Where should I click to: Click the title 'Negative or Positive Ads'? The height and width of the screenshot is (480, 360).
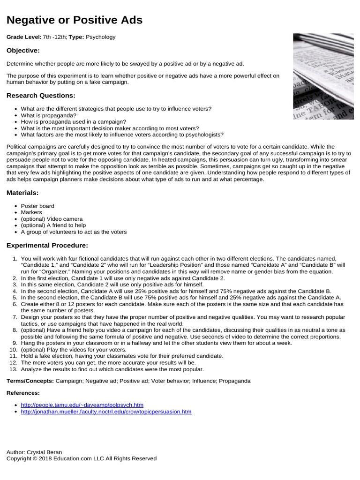(x=75, y=20)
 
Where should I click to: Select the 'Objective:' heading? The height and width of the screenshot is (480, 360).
(x=23, y=50)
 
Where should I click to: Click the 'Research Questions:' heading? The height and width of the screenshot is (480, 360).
(x=41, y=96)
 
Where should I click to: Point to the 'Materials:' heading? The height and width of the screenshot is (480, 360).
(x=22, y=193)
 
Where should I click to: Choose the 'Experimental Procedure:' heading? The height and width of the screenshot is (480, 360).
(x=47, y=245)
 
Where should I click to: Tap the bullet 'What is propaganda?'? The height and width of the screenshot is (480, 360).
(x=49, y=115)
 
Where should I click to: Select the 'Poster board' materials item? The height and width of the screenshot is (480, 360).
(x=37, y=206)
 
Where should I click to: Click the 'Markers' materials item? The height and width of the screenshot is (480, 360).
(x=31, y=212)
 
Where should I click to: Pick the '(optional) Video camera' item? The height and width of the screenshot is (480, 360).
(x=52, y=219)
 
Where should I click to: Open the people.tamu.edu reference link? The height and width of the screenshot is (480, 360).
(x=82, y=405)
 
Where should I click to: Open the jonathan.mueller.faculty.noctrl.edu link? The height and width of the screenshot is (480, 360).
(x=106, y=411)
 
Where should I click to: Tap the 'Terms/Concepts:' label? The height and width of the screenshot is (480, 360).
(x=30, y=381)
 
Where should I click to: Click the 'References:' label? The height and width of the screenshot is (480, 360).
(x=23, y=393)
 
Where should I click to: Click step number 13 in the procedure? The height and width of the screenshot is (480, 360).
(x=13, y=369)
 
